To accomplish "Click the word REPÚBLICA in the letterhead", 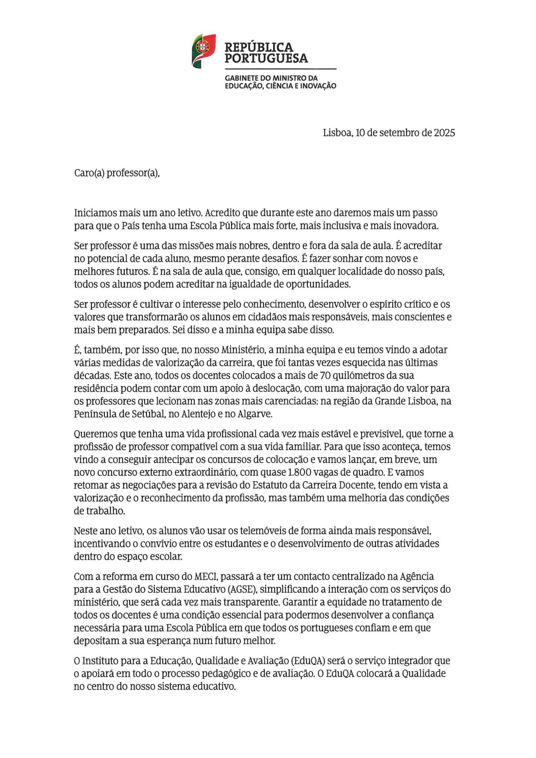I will tap(259, 47).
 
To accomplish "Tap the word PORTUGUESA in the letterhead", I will tap(266, 58).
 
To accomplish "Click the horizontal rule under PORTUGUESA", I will tap(281, 69).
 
